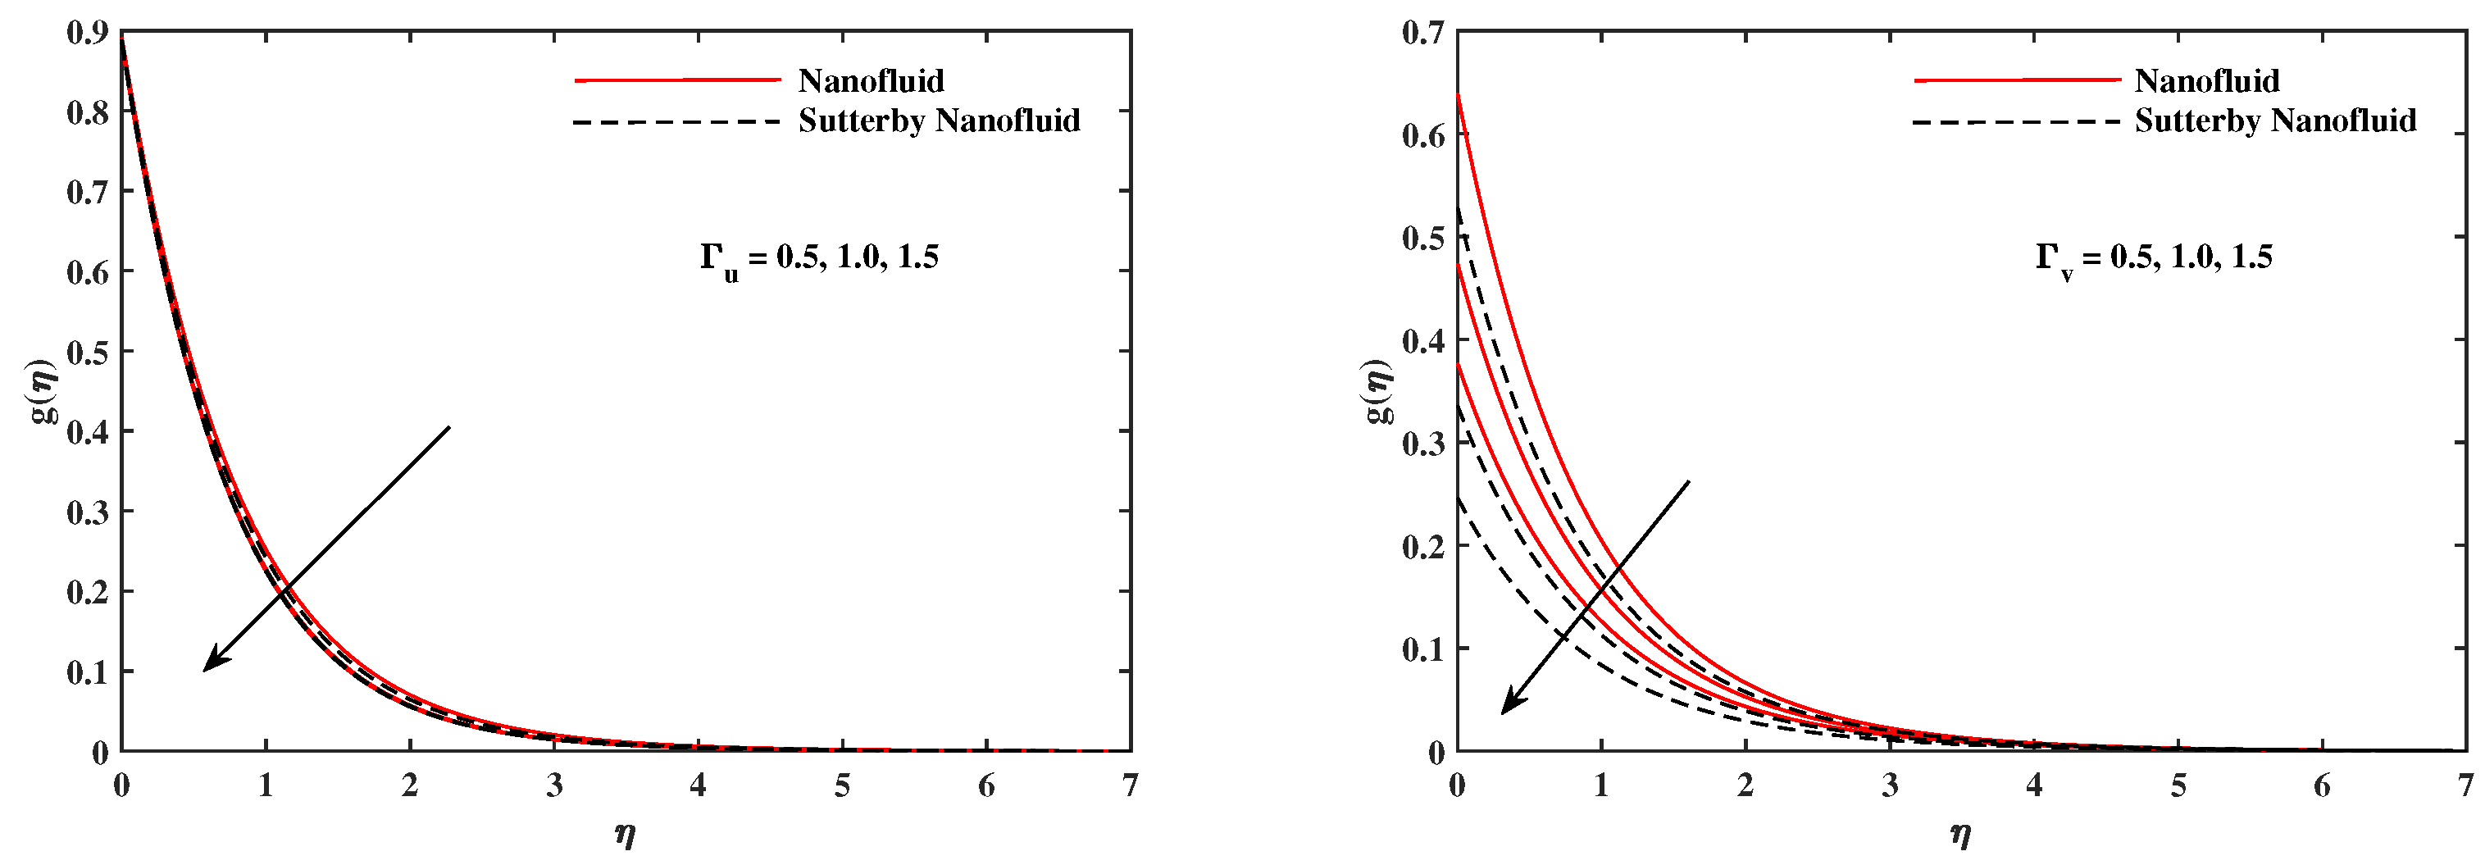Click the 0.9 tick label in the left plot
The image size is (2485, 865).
(x=86, y=33)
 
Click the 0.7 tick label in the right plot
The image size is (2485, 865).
(x=1423, y=33)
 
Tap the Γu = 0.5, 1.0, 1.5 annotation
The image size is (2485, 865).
(x=819, y=258)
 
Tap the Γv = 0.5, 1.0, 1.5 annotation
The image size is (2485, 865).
(x=2154, y=258)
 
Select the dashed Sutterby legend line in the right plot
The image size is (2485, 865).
(x=2016, y=121)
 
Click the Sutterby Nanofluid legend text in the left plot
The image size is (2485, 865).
(x=939, y=121)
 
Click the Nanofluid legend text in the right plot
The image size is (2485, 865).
(x=2207, y=81)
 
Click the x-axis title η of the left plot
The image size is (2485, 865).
(x=625, y=833)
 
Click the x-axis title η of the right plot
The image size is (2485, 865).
(x=1960, y=833)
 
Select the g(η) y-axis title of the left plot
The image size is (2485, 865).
(x=45, y=390)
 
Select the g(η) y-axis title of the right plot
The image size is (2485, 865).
(x=1381, y=390)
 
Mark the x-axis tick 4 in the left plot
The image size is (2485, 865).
(x=698, y=786)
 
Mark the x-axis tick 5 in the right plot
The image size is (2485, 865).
(x=2178, y=786)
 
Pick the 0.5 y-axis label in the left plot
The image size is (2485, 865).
(x=86, y=352)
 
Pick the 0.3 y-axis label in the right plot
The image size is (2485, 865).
(x=1423, y=444)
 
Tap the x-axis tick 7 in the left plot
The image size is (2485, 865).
(x=1130, y=786)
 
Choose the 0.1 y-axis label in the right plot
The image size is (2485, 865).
(x=1423, y=649)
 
